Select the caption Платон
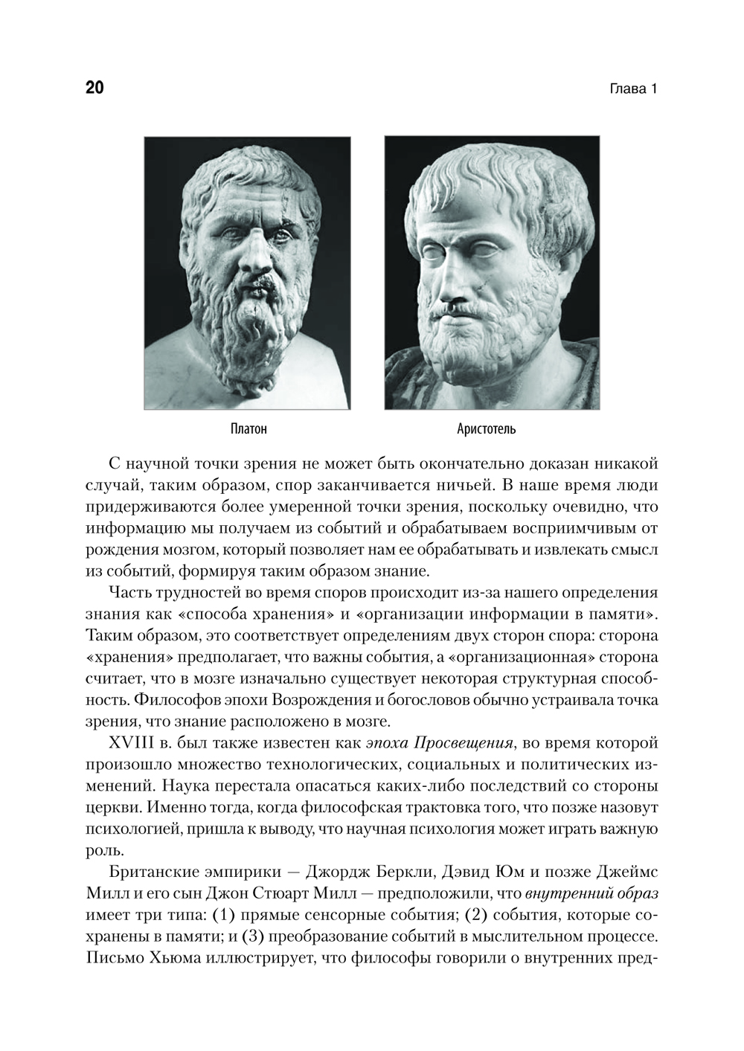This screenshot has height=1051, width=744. click(x=248, y=429)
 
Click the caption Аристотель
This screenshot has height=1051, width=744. click(x=486, y=429)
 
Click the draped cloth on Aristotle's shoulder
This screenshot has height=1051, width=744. click(x=565, y=372)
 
